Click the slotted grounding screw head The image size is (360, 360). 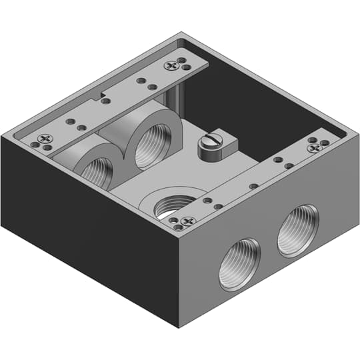[x=211, y=141]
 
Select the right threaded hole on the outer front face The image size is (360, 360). [x=297, y=230]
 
